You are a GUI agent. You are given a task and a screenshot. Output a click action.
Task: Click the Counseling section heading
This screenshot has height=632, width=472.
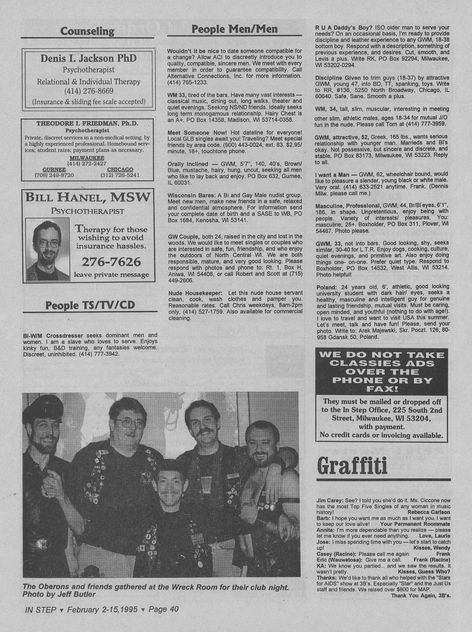pyautogui.click(x=87, y=31)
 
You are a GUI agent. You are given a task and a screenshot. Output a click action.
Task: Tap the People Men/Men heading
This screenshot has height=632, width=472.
pyautogui.click(x=235, y=28)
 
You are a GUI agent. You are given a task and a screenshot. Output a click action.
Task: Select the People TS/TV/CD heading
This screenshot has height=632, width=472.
pyautogui.click(x=90, y=305)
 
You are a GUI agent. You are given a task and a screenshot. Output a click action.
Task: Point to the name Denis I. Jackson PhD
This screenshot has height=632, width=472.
pyautogui.click(x=89, y=58)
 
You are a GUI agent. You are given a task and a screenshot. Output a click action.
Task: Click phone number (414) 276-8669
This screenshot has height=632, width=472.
pyautogui.click(x=89, y=91)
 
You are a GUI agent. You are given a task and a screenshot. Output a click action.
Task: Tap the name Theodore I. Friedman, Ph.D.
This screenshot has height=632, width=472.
pyautogui.click(x=87, y=124)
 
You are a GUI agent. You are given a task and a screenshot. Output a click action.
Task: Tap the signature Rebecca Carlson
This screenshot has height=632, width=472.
pyautogui.click(x=429, y=512)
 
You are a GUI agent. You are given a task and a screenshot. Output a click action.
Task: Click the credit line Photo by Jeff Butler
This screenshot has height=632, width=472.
pyautogui.click(x=59, y=594)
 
